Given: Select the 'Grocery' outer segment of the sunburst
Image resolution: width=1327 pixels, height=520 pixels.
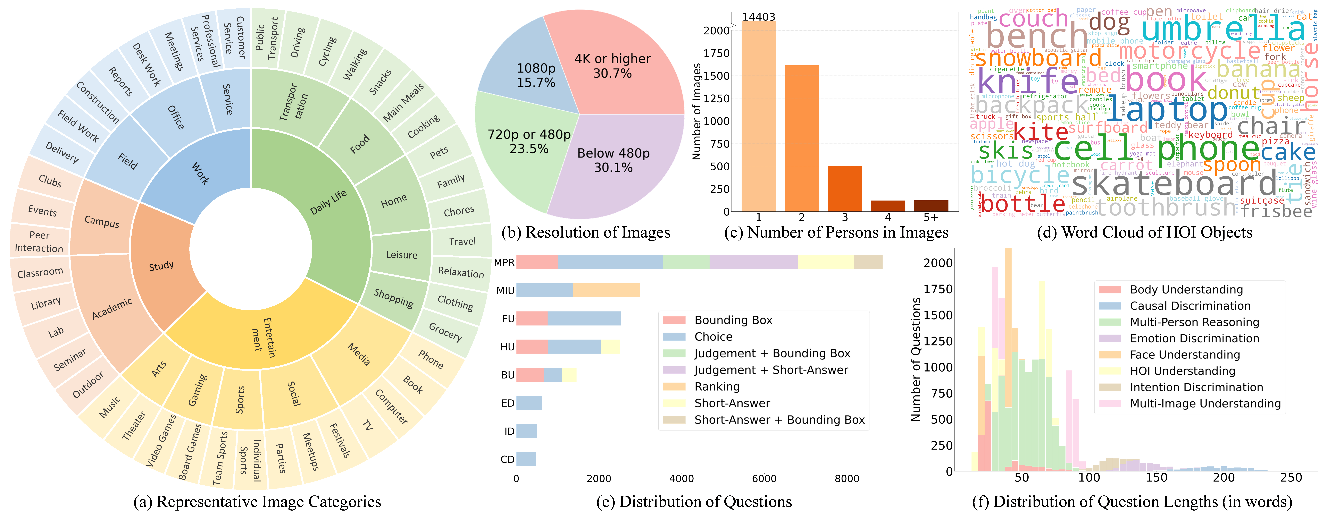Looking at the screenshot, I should pos(445,332).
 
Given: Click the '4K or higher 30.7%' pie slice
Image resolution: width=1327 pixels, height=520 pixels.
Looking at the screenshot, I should pos(613,66).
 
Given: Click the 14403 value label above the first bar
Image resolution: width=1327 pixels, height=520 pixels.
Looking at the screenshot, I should pos(758,17).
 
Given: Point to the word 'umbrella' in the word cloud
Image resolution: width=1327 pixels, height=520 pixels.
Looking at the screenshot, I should pos(1224,28).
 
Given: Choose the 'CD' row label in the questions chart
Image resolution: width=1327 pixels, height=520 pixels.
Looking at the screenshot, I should pos(507,459).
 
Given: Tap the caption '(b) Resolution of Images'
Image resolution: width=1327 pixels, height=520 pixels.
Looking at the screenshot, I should pos(586,233).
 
